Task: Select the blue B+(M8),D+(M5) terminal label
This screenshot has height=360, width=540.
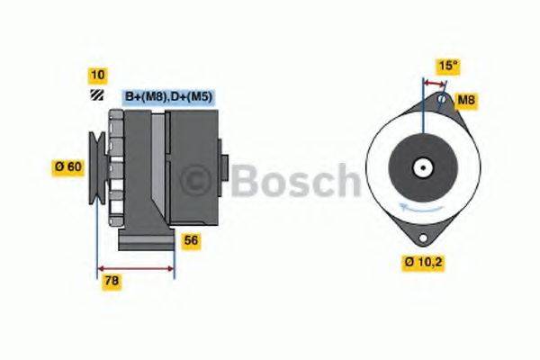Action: click(167, 96)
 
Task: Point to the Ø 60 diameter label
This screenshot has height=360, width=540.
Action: click(68, 166)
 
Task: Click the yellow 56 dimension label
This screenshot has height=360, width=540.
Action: click(192, 240)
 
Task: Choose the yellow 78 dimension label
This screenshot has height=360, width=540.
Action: click(112, 281)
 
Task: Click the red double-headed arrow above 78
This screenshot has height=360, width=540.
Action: click(136, 268)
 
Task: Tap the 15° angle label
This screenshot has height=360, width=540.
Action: click(447, 66)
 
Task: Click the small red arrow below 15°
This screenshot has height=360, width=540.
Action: click(434, 83)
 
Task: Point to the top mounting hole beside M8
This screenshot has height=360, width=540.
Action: click(441, 100)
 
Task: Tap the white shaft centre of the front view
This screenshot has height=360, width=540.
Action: click(421, 166)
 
